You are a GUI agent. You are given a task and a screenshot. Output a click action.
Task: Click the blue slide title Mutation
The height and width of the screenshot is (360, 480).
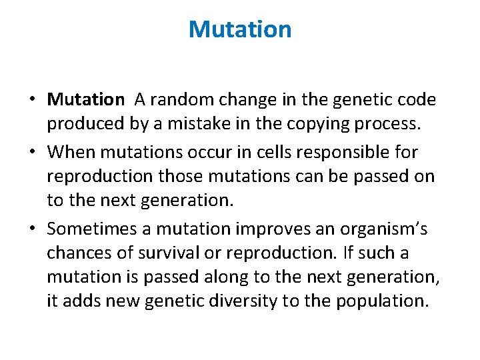(x=240, y=29)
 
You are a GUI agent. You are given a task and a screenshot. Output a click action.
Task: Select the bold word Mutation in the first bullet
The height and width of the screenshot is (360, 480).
(x=85, y=100)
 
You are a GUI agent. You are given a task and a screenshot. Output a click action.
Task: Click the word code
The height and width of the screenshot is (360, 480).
(x=417, y=100)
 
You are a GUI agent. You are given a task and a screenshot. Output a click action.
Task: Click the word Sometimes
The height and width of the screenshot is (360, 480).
(x=93, y=229)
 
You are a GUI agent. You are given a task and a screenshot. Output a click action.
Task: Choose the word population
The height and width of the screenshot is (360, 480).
(x=378, y=301)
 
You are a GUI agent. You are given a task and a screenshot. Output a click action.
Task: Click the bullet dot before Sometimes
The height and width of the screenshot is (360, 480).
(x=32, y=229)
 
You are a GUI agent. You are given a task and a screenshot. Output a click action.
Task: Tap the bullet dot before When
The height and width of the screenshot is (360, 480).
(x=32, y=152)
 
